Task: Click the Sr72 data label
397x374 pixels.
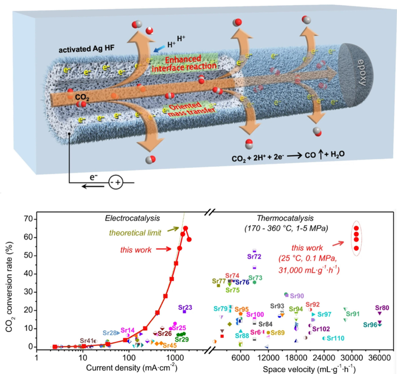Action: coord(255,257)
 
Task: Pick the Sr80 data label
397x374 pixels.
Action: coord(382,308)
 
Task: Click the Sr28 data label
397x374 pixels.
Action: coord(110,332)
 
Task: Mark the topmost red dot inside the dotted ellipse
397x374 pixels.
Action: coord(356,228)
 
